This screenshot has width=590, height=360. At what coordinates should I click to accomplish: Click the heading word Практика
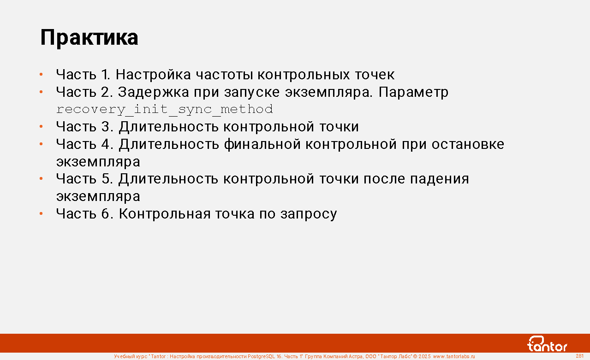tap(89, 38)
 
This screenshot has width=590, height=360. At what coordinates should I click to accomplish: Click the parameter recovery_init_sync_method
tap(165, 109)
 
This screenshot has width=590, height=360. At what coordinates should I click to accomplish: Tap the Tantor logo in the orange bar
tap(548, 344)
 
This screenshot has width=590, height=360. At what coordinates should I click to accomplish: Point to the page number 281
tap(580, 356)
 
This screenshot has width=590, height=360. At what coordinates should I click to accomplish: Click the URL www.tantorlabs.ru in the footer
tap(454, 356)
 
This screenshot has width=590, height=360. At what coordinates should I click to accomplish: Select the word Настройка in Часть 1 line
tap(153, 75)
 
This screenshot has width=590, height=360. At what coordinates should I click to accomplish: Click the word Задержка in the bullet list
tap(153, 92)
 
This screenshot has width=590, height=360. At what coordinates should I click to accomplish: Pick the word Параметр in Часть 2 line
tap(413, 92)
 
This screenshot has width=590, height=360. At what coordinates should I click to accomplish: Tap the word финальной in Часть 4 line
tap(262, 144)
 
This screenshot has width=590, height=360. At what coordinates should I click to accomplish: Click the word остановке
tap(468, 144)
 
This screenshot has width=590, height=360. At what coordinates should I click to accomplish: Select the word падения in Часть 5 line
tap(439, 179)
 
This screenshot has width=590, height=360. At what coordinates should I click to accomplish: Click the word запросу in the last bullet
tap(309, 214)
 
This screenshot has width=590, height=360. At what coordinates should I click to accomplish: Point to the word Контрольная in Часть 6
tap(165, 213)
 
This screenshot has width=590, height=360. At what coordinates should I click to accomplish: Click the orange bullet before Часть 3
tap(41, 127)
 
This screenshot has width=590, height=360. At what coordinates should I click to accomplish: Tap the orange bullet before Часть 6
tap(41, 213)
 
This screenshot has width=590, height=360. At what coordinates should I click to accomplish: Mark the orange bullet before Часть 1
tap(41, 75)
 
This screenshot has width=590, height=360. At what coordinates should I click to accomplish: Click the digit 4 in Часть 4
tap(105, 144)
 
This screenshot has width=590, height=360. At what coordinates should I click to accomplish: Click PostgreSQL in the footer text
tap(261, 356)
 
